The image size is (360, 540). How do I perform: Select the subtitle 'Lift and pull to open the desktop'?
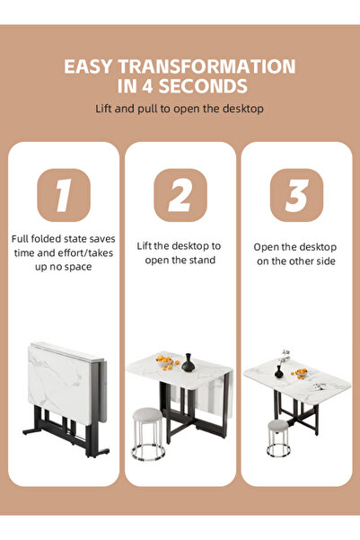tap(180, 109)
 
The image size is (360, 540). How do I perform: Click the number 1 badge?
tap(63, 195)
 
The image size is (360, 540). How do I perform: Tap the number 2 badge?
tap(180, 195)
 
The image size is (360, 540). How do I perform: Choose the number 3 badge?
tap(295, 195)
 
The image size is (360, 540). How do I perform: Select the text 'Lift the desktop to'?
tap(179, 245)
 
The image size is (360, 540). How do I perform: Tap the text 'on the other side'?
tap(294, 260)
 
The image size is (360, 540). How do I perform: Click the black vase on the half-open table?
tap(188, 363)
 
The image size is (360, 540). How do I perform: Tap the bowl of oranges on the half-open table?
tap(165, 362)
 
